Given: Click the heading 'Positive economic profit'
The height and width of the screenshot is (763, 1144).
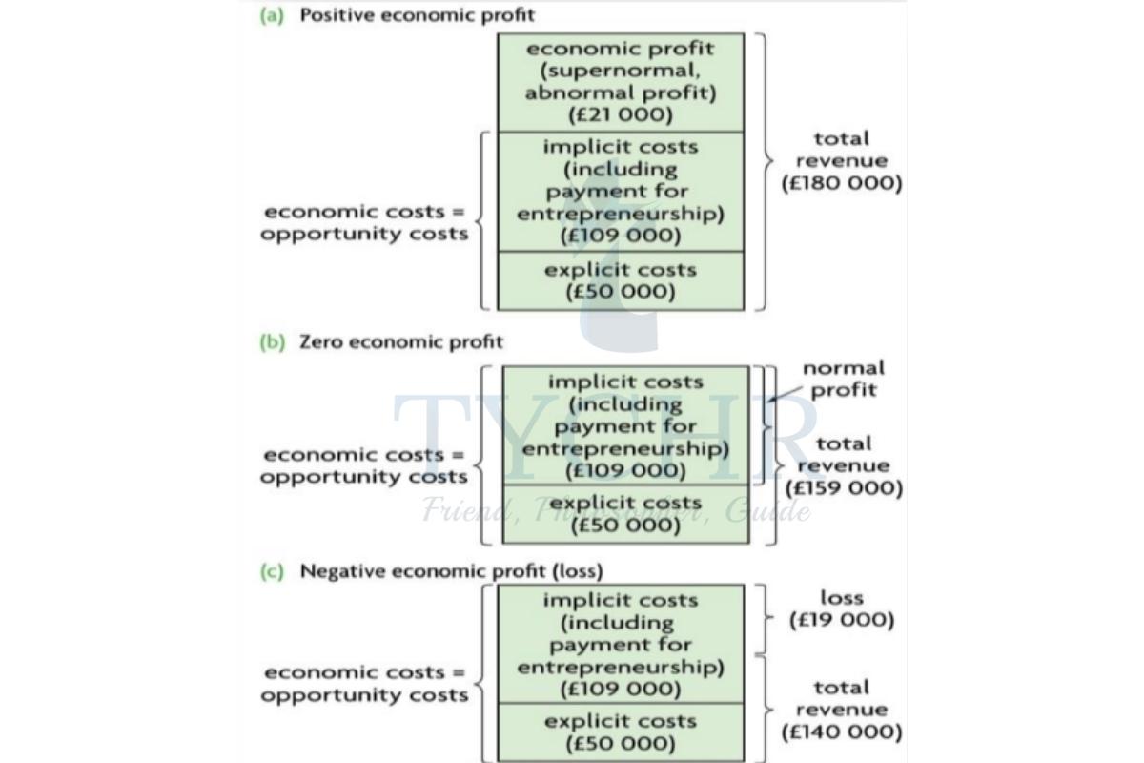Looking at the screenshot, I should coord(417,15).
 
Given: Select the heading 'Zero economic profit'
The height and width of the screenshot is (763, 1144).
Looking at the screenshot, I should coord(401,341).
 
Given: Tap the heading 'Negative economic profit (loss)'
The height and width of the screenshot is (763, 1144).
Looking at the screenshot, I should coord(451,571).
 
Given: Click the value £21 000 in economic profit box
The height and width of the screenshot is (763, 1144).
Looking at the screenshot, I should coord(620,115).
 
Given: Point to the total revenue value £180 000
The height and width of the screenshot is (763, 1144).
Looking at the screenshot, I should coord(841,183).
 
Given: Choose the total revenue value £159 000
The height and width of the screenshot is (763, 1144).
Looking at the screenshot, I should coord(843,488).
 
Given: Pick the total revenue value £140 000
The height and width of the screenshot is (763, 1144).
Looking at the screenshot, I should coord(841,732).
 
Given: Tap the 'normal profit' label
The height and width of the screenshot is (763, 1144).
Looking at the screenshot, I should coord(843,379).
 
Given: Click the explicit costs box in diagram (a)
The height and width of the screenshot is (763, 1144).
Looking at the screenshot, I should coord(620,280).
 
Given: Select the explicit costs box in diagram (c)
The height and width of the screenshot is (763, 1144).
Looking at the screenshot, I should coord(620,732).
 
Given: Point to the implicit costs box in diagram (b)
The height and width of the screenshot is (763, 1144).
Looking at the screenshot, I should coord(625,425).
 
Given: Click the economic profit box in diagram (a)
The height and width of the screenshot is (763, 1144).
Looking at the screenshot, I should coord(620,82).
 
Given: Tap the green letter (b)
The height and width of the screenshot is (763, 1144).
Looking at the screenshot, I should coord(273,341).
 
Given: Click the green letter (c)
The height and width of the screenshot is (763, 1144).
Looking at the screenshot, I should coord(273,571).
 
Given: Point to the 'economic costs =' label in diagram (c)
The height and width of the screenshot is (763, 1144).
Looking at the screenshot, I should coord(364,672).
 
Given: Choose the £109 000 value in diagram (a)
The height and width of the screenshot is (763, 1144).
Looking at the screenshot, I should coord(620,236).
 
